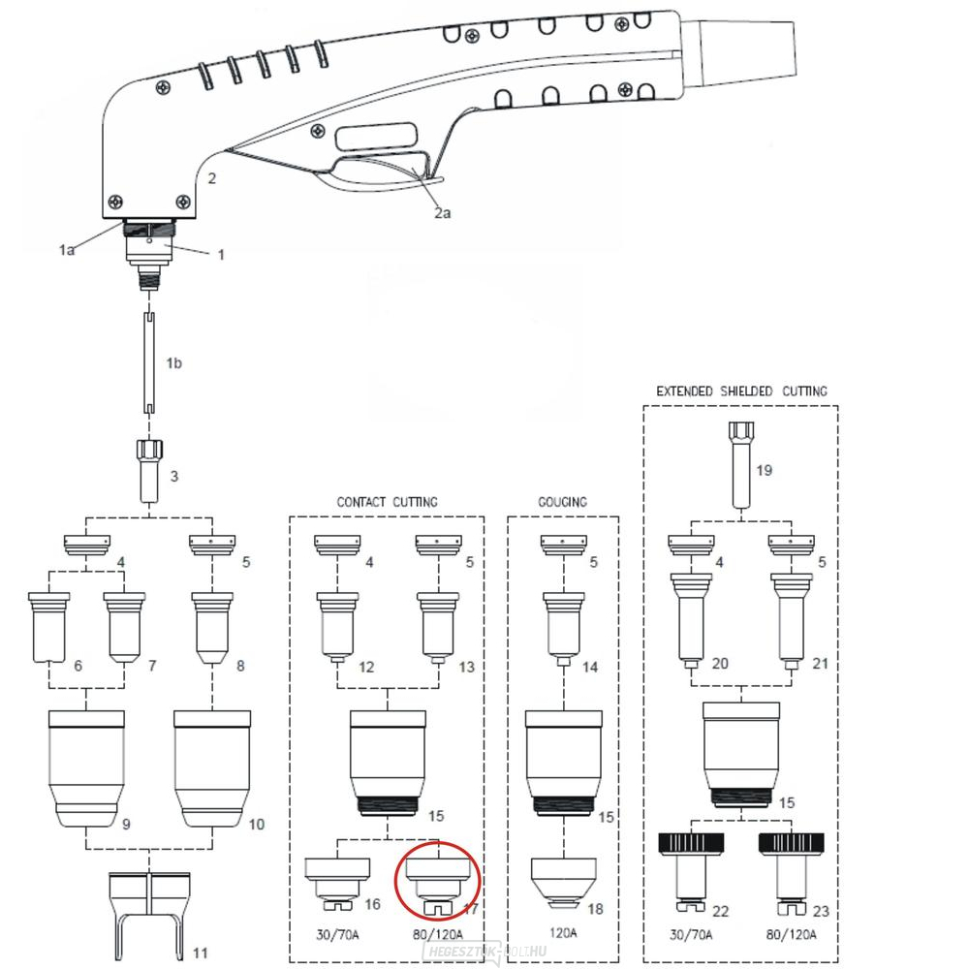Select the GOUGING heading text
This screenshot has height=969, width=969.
[562, 502]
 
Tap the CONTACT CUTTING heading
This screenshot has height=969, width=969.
[387, 502]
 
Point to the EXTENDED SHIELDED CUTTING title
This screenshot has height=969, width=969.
[741, 391]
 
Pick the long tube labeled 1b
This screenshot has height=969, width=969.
[150, 363]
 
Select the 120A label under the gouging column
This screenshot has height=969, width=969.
[562, 934]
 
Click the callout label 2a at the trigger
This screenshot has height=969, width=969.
[442, 213]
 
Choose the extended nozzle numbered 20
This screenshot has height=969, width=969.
[690, 620]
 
